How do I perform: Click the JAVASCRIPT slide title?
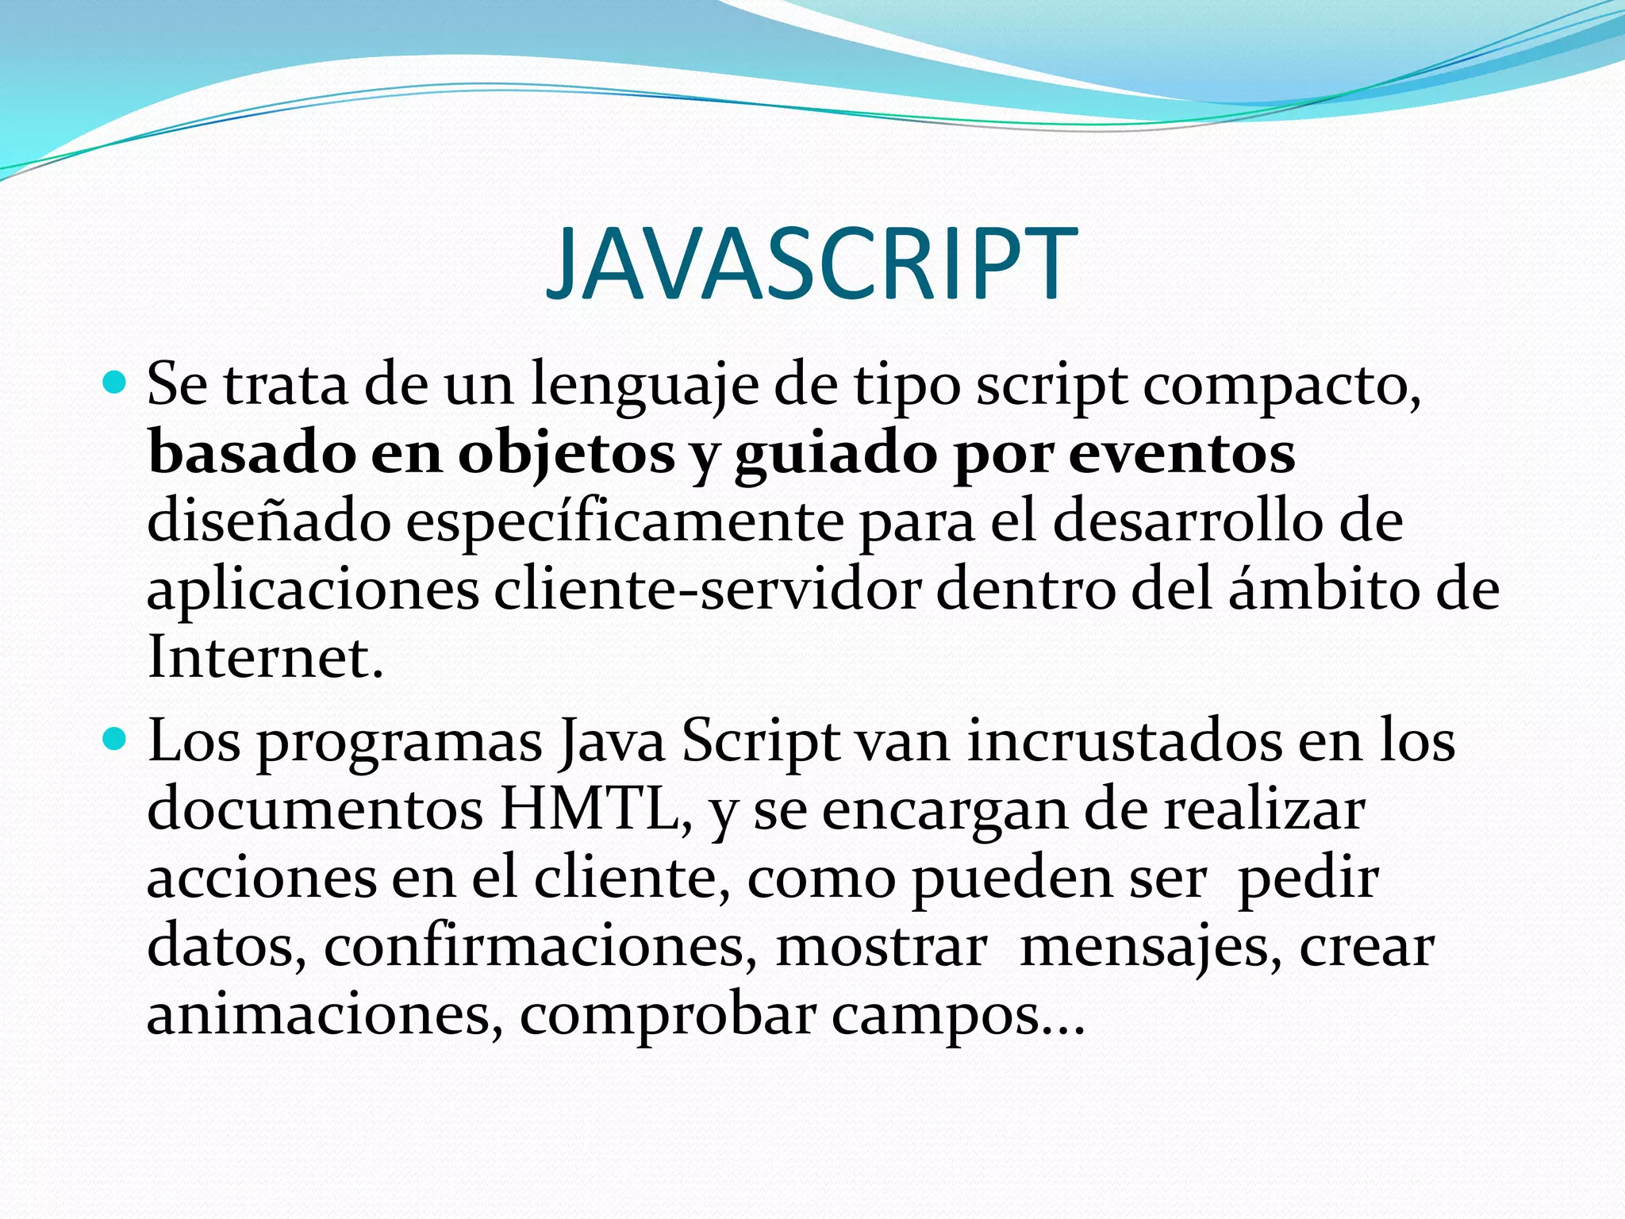(811, 264)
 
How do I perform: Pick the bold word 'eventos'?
(1181, 455)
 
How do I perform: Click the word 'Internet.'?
(265, 658)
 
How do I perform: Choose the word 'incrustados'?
(1124, 741)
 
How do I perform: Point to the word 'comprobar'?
(667, 1016)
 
